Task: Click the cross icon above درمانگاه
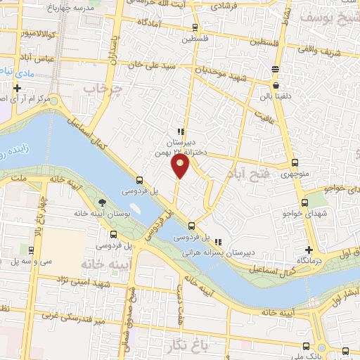(x=308, y=250)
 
